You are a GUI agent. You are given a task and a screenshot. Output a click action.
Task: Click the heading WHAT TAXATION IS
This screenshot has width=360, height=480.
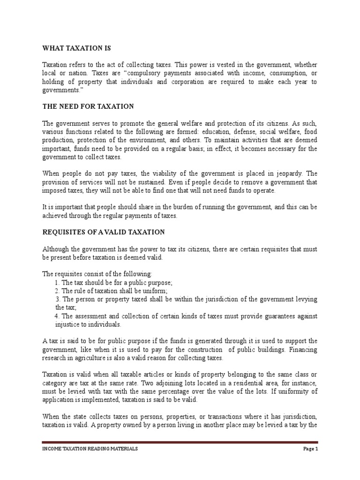coord(77,48)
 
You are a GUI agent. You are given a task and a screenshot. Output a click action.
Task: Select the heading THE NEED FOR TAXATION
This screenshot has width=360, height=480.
coord(88,107)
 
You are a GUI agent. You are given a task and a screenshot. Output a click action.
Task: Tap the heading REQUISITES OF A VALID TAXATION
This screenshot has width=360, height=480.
coord(104,232)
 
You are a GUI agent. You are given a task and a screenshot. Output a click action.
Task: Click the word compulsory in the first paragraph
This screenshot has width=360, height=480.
coord(165,74)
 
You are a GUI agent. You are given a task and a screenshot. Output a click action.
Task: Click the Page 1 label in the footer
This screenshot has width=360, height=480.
coord(310,449)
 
